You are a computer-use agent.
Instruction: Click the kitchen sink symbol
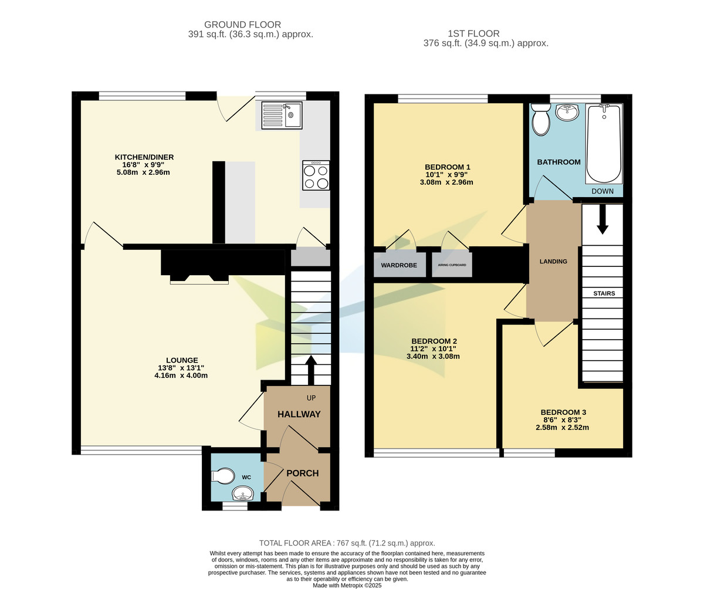pos(281,115)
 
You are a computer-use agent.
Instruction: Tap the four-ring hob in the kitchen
pos(316,175)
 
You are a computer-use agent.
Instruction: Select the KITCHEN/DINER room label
pos(144,157)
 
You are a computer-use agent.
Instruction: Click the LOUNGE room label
pos(181,360)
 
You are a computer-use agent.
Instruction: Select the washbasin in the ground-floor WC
pos(242,493)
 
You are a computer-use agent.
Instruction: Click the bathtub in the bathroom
pos(604,144)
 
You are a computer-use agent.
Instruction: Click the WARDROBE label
pos(399,265)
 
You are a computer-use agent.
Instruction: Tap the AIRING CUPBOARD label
pos(452,265)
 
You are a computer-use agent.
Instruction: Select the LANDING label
pos(553,261)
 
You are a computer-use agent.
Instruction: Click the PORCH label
pos(302,473)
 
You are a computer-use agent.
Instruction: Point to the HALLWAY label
pos(299,414)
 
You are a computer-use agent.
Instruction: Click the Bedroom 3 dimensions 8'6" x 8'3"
pos(563,420)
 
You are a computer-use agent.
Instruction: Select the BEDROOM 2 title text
pos(434,341)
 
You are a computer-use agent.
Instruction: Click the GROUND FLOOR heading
pos(242,25)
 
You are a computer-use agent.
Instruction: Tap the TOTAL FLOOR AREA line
pos(347,543)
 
